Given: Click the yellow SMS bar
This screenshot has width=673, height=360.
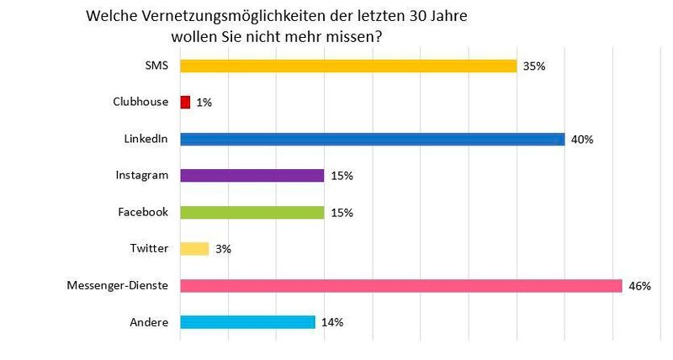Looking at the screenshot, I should (348, 66).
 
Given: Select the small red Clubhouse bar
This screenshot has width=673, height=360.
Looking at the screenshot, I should (185, 103).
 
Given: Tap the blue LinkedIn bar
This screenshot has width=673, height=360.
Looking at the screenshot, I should (372, 139).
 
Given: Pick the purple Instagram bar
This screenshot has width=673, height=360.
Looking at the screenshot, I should (252, 175).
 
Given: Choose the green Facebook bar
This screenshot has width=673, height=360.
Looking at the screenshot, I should (252, 212).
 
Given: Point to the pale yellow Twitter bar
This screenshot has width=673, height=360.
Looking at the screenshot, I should (194, 248).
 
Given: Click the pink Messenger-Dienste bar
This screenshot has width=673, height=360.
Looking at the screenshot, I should (400, 285).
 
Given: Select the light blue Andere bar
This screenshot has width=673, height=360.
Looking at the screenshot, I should (247, 321).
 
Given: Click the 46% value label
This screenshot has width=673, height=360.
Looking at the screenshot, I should (640, 286).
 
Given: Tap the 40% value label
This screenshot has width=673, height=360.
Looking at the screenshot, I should (582, 140).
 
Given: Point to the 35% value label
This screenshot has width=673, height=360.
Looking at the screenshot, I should (534, 66).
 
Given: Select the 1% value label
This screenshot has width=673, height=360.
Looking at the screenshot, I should (203, 103).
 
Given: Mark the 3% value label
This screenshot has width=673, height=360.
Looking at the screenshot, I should (222, 249).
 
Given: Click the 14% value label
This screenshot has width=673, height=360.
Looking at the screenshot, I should (331, 322).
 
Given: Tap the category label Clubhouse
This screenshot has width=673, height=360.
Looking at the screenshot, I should (141, 103).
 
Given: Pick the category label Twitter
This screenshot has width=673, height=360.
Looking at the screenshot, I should (150, 248).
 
